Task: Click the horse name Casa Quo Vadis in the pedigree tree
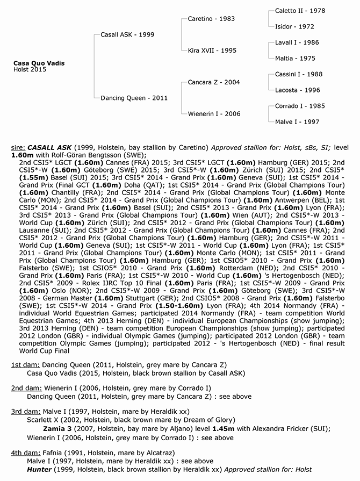pos(39,63)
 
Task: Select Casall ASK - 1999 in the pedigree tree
pos(127,34)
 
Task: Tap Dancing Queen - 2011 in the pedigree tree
pos(134,98)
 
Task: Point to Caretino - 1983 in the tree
pos(211,18)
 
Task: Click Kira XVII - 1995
pos(212,51)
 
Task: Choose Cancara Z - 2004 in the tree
pos(214,82)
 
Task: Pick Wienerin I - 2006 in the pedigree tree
pos(214,114)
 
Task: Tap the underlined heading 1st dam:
pos(23,365)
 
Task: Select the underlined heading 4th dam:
pos(24,453)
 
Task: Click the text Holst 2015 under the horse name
pos(30,70)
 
